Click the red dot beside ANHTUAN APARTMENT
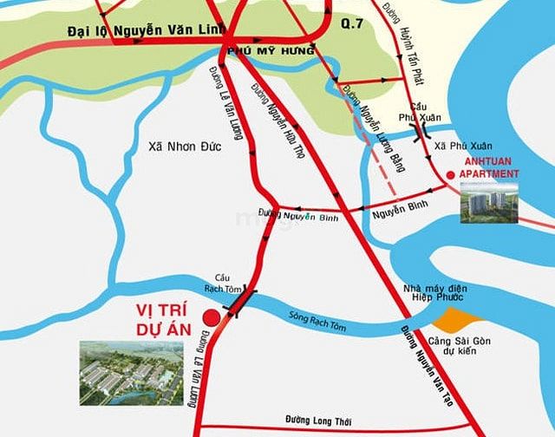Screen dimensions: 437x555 448,177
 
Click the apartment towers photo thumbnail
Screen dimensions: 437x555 490,203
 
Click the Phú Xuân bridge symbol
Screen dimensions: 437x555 424,132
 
